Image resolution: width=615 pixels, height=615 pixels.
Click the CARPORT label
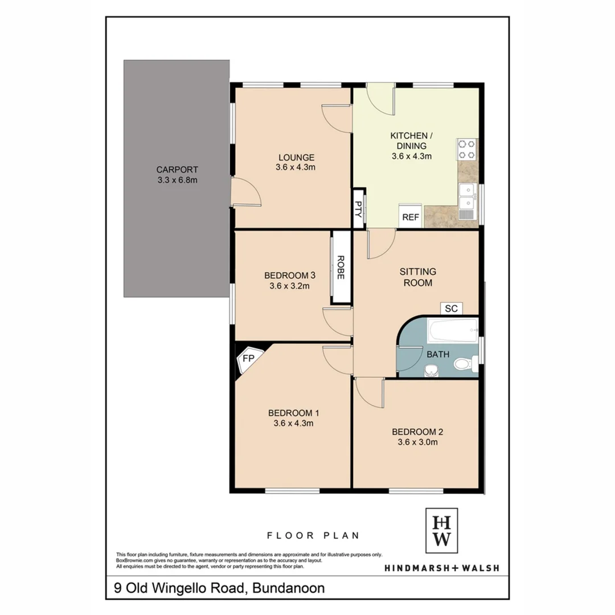point(177,174)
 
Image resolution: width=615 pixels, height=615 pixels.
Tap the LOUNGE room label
point(296,162)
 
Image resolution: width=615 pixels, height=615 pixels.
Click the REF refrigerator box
point(411,217)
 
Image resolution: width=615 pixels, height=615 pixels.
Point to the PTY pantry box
point(359,207)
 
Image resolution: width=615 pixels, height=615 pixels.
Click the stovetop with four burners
point(466,149)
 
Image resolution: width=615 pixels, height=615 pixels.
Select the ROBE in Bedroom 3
point(341,267)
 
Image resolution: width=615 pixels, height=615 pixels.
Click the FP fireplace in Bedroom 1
point(248,359)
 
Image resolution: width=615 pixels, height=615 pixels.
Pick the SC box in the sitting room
point(452,309)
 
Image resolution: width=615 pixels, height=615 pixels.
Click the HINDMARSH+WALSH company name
point(441,567)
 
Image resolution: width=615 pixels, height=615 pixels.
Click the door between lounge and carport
point(246,191)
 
